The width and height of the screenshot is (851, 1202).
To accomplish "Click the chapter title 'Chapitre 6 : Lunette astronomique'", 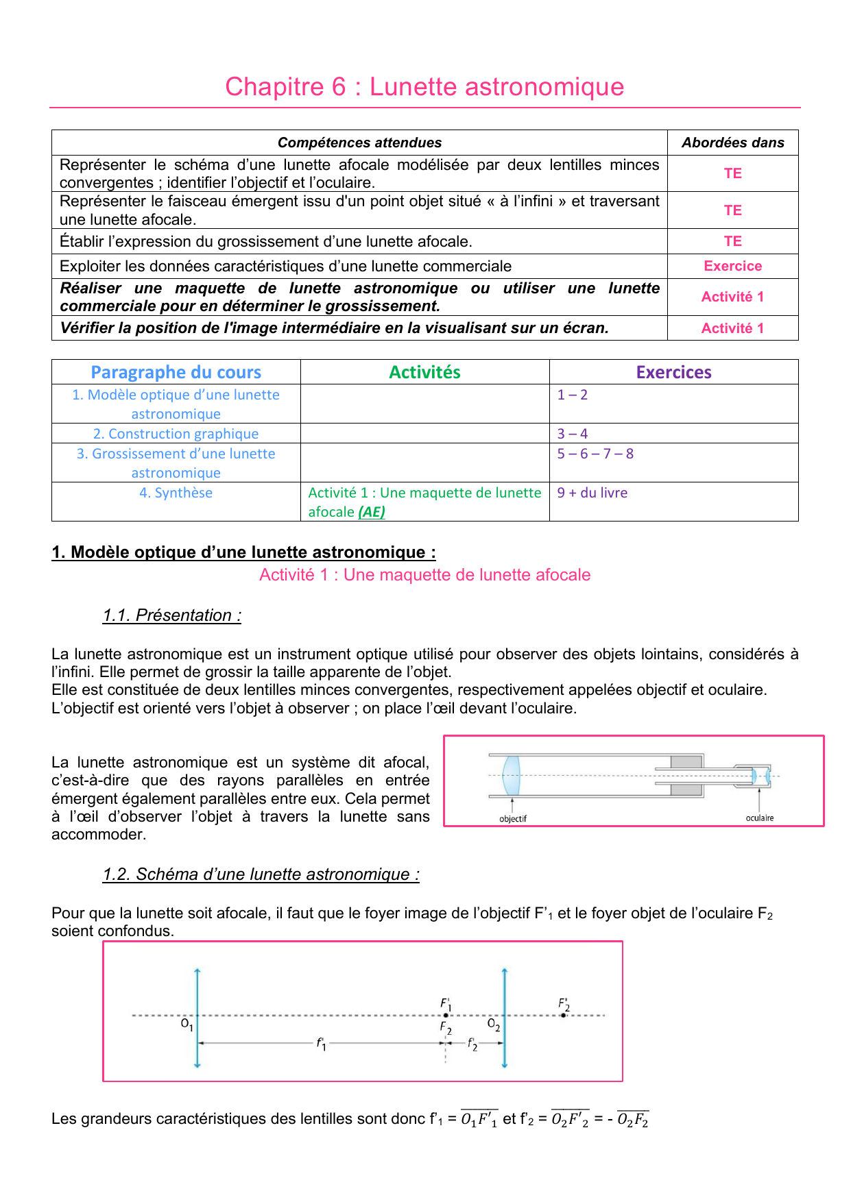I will [424, 87].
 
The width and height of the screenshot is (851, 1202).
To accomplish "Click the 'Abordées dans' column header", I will [732, 143].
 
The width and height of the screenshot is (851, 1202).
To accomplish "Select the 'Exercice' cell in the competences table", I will [732, 266].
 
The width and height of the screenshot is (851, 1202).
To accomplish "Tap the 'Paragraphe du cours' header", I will [176, 372].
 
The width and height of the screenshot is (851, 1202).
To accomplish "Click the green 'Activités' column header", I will [424, 372].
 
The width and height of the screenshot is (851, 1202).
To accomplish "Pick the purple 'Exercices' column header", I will [673, 372].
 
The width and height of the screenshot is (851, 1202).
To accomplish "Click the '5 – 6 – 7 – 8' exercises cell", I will [595, 454].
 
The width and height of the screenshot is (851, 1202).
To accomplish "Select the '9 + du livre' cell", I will [592, 493].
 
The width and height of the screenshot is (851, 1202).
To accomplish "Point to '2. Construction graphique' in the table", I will [176, 434].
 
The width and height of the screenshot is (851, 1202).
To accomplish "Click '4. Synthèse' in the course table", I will [176, 493].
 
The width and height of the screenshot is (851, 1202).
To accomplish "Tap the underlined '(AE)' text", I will [372, 512].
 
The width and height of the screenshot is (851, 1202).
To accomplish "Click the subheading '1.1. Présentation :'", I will [171, 615].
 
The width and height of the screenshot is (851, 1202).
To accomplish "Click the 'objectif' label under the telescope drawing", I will [513, 819].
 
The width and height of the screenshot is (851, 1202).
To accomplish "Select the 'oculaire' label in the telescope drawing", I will [759, 818].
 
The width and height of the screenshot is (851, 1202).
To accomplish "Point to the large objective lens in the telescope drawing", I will [512, 776].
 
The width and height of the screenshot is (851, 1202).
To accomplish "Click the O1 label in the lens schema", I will [187, 1025].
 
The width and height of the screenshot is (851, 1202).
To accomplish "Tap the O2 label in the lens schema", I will [493, 1025].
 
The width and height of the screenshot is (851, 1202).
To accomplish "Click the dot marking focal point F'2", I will [563, 1015].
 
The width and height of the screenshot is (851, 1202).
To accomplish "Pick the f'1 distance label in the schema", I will [321, 1044].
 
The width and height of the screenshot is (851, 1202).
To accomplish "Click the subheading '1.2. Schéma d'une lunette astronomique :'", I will [261, 874].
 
